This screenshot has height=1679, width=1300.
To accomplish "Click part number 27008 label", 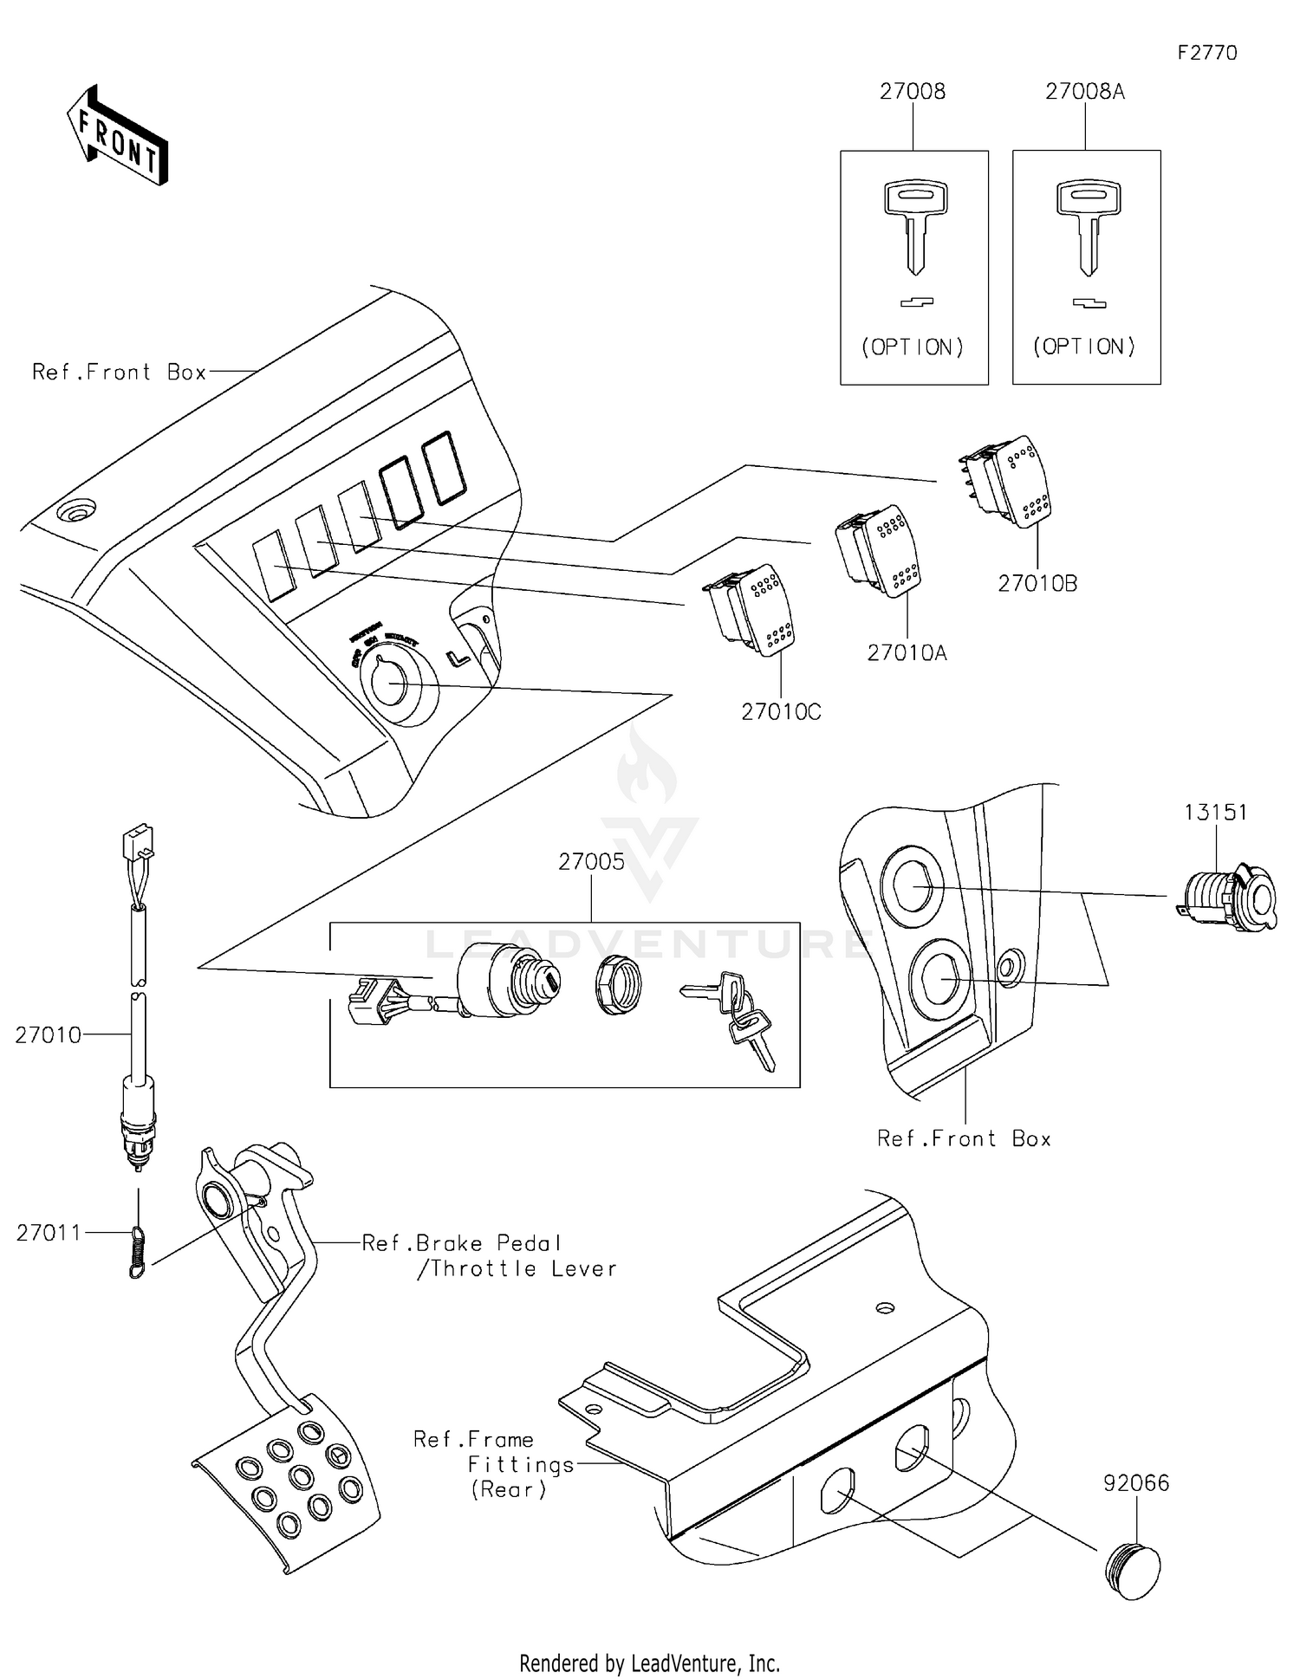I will coord(912,92).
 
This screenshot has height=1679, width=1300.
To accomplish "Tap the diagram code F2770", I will coord(1206,53).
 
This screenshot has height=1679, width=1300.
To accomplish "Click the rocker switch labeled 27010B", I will coord(1010,483).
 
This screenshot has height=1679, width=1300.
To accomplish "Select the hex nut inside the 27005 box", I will coord(618,983).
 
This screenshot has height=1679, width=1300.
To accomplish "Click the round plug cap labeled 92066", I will coord(1133,1572).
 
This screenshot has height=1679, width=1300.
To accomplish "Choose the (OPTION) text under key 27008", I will coord(912,347).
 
